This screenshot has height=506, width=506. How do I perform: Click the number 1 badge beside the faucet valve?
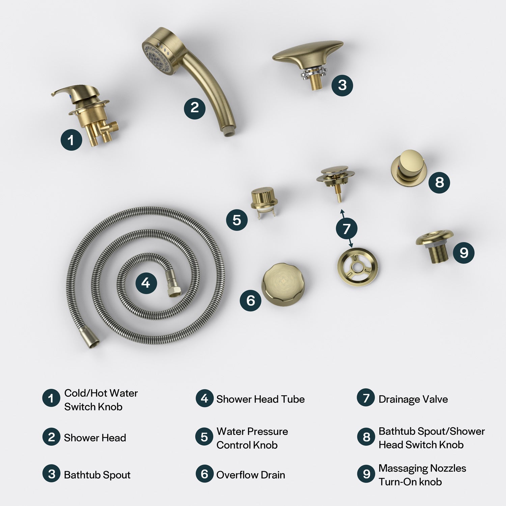click(71, 139)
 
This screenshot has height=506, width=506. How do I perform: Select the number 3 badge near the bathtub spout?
click(342, 85)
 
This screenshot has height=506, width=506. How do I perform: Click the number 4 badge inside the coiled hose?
click(146, 282)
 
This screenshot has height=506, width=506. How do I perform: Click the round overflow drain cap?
click(283, 283)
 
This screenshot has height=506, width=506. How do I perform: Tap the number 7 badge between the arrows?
click(347, 229)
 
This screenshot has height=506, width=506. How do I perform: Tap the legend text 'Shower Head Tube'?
click(260, 399)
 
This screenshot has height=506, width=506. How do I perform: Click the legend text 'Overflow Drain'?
click(251, 475)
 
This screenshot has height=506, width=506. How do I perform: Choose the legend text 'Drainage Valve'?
click(413, 399)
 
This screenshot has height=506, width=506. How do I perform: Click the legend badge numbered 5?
click(204, 437)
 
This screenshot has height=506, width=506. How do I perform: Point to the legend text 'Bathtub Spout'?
click(97, 475)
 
